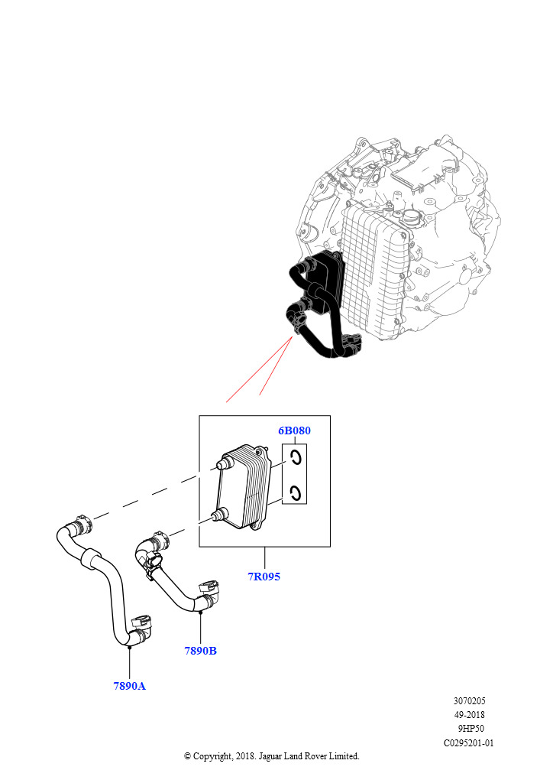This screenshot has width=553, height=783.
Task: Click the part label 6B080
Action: [x=294, y=430]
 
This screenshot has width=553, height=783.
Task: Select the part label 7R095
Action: [x=264, y=577]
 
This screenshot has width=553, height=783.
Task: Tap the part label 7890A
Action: [x=129, y=686]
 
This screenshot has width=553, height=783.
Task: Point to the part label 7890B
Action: [x=200, y=651]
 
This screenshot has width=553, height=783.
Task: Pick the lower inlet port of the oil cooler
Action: [x=218, y=515]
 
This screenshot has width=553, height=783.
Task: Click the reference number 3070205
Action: [x=470, y=700]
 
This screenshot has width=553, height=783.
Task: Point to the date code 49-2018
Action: [x=470, y=714]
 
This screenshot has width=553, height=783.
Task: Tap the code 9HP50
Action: [x=470, y=728]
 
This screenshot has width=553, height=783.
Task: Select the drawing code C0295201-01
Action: [x=470, y=742]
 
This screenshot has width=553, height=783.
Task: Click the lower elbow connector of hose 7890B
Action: [x=209, y=593]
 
